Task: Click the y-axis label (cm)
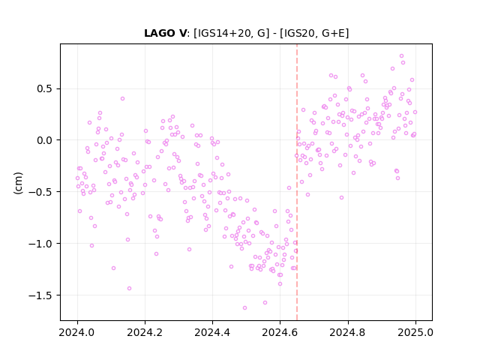(18, 183)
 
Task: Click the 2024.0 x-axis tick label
(77, 332)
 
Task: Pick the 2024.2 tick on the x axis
(145, 332)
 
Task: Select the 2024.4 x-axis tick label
(212, 332)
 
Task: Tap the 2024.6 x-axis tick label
(280, 332)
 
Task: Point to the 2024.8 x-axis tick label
(347, 332)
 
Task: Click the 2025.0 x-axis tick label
(415, 332)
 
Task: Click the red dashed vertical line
(297, 182)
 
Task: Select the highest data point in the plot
(402, 56)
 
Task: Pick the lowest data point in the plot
(244, 308)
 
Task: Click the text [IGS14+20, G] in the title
(232, 33)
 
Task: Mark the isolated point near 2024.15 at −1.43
(129, 288)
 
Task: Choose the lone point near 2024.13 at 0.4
(122, 98)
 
